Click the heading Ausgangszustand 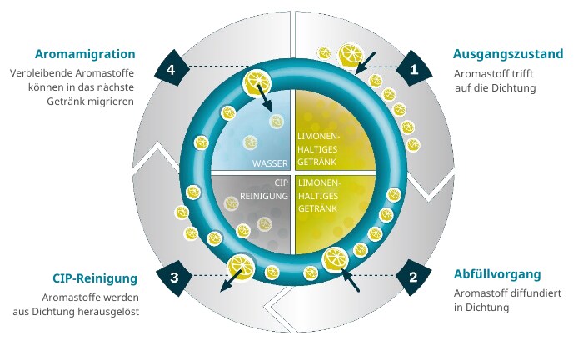coord(508,54)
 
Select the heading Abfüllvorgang coord(497,274)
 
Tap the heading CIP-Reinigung coord(95,278)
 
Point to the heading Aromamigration coord(85,54)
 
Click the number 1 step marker coord(414,69)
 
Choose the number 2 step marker coord(413,277)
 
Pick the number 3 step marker coord(174,277)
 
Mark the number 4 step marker coord(171,69)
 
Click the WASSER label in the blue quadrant coord(270,163)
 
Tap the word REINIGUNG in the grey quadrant coord(264,196)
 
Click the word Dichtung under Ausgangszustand coord(514,88)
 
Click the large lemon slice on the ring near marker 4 coord(257,82)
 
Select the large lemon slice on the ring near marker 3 coord(241,267)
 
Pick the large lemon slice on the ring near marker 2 coord(334,259)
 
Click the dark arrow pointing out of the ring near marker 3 coord(230,280)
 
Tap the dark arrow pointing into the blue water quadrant coord(265,98)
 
